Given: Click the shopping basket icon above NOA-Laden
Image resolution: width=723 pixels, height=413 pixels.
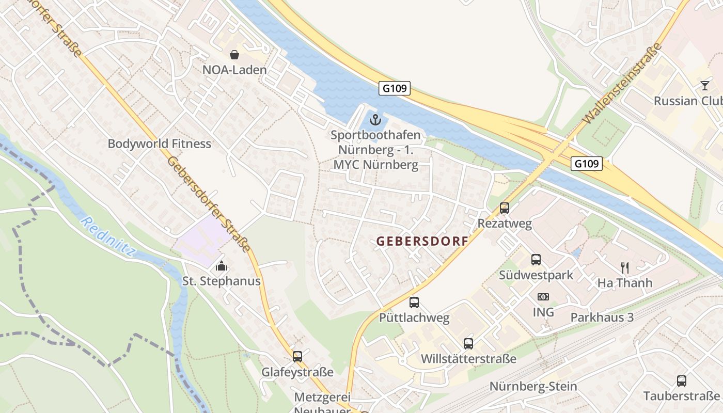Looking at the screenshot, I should point(234,55).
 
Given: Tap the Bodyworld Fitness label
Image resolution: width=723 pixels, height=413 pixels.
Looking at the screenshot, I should point(159,144).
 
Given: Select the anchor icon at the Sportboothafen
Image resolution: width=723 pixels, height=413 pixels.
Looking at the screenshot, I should point(375,120).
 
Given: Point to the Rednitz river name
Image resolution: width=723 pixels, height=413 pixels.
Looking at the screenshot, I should point(108,237).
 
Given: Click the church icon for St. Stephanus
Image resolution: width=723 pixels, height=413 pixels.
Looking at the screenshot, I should point(222,266).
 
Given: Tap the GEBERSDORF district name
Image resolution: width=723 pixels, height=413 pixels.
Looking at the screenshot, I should point(422,241).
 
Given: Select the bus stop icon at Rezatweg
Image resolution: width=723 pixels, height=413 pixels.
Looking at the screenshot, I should point(505,208).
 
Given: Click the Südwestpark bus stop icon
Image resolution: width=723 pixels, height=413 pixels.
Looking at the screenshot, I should point(536,259).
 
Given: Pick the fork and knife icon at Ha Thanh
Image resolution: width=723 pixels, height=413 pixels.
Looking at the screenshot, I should point(625,267).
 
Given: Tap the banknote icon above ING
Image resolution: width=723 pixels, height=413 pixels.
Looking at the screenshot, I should point(543,297).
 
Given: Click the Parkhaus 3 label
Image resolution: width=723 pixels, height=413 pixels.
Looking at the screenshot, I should point(602,317).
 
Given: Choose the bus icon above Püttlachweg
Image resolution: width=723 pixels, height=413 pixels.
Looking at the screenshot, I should point(414,303).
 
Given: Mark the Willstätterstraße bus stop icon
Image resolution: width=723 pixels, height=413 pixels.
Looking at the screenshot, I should point(468,343).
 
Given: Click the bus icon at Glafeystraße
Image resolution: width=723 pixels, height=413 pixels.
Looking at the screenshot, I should point(297,356).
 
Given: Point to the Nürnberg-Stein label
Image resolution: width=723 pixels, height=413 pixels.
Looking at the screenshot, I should point(533,386).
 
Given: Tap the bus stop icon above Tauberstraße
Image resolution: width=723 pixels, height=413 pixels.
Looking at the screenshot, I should point(682,381).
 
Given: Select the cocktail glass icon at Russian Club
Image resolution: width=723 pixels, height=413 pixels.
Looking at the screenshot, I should point(705,85).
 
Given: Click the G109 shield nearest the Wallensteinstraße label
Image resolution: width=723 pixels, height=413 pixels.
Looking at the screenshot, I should point(587,164).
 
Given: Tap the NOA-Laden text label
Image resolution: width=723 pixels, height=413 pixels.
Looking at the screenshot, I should point(234,70).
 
